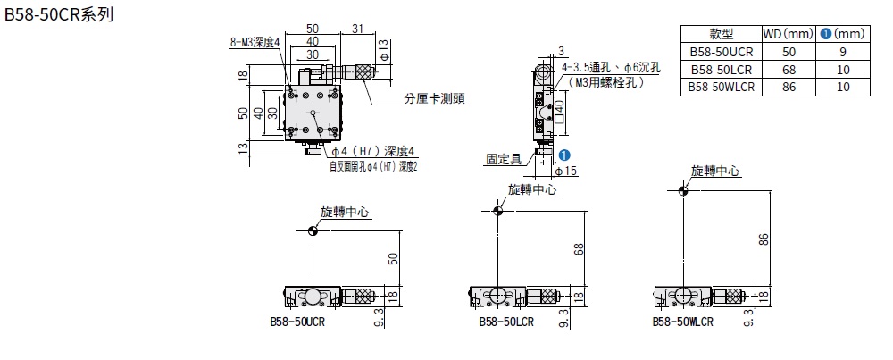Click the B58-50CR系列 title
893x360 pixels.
coord(59,15)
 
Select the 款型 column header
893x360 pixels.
coord(721,34)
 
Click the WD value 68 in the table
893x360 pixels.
coord(789,70)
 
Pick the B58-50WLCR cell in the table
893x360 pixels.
coord(721,88)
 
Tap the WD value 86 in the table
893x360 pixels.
coord(789,88)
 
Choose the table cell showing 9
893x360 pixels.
coord(843,52)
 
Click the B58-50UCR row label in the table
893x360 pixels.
coord(721,52)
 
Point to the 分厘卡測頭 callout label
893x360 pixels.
coord(435,99)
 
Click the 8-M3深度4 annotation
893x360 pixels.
coord(255,43)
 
